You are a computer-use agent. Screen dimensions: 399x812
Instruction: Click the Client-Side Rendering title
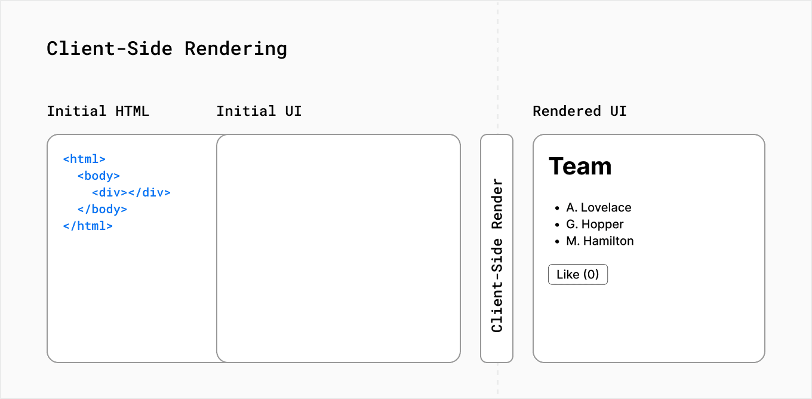[167, 48]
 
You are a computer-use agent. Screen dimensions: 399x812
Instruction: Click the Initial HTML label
[98, 111]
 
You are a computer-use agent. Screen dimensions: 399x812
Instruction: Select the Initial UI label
[259, 111]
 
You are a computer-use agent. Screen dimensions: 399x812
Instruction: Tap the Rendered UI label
[579, 111]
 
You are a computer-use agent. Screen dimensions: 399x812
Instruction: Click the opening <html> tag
[84, 159]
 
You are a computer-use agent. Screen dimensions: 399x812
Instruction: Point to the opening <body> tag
[99, 176]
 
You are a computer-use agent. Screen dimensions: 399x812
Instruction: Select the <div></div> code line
[131, 193]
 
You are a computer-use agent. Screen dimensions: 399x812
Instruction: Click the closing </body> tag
[102, 210]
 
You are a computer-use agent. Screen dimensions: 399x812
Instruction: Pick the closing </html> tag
[88, 226]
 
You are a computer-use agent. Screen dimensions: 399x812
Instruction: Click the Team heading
[580, 166]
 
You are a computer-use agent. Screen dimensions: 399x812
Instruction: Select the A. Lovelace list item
[598, 208]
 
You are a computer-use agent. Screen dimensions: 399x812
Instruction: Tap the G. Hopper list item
[595, 225]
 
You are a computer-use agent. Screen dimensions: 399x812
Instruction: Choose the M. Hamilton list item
[599, 241]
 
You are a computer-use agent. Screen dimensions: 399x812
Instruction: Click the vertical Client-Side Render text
[497, 255]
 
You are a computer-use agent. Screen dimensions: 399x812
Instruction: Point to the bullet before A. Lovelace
[557, 208]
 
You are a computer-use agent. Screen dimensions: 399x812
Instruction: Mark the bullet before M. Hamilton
[557, 242]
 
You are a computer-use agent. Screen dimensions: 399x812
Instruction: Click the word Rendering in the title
[236, 48]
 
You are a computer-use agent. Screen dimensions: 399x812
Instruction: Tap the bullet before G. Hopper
[557, 225]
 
